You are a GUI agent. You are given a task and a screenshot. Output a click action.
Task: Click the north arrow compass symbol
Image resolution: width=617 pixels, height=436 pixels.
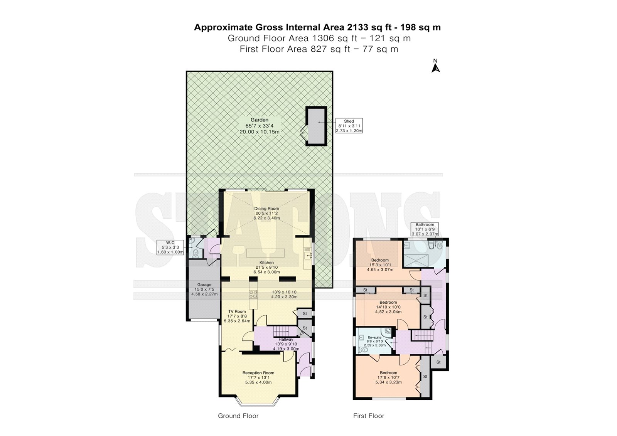(x=435, y=66)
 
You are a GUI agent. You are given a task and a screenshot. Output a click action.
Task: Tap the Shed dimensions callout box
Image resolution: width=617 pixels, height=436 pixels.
(x=349, y=126)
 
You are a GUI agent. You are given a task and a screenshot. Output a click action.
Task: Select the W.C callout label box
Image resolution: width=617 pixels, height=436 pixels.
(x=170, y=247)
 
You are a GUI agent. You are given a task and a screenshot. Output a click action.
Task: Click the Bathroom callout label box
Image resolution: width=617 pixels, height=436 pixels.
(x=425, y=229)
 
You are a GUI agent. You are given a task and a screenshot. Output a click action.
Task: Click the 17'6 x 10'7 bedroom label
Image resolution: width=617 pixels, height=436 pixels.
(x=388, y=377)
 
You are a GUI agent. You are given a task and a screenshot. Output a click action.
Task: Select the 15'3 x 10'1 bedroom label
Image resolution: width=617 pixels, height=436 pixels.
(x=380, y=265)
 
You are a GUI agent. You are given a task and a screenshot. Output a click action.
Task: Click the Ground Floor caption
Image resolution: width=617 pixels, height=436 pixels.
(x=238, y=416)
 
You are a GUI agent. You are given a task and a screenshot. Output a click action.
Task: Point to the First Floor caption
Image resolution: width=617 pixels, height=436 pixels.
(x=369, y=416)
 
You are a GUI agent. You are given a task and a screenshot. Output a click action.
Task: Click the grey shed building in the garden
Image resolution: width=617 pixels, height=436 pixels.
(x=316, y=126)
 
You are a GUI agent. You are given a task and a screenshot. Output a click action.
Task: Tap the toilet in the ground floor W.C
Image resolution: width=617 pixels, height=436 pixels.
(x=195, y=253)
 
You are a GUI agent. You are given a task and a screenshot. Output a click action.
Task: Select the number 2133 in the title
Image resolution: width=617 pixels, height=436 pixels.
(x=357, y=27)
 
